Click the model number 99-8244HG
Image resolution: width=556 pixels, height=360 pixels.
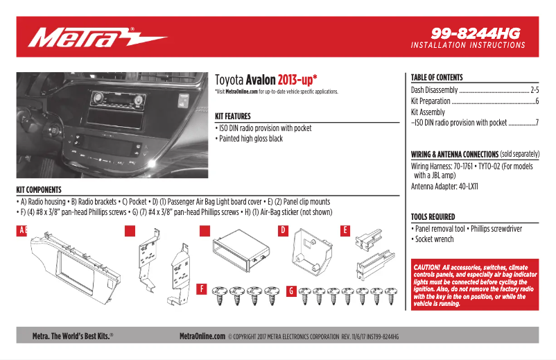click(475, 33)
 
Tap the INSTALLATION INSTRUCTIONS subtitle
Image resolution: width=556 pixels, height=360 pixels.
click(468, 45)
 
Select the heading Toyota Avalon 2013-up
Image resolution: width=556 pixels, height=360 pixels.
click(266, 79)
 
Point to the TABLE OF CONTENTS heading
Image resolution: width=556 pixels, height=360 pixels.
click(437, 78)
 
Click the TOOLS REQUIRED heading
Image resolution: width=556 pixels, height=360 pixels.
click(433, 217)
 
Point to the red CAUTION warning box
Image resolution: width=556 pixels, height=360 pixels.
click(474, 284)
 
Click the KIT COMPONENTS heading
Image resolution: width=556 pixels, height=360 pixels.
click(39, 189)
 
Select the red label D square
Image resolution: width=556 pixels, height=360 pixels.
click(283, 230)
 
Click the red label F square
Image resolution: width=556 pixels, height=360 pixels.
click(201, 288)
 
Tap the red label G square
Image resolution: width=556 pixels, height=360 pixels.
click(290, 288)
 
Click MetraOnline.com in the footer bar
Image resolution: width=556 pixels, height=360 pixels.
click(202, 336)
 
